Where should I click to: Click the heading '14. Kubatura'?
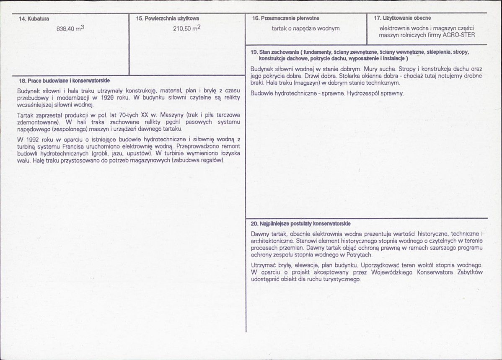pyautogui.click(x=34, y=18)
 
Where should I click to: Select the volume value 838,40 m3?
pyautogui.click(x=70, y=29)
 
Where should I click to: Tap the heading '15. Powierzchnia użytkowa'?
pyautogui.click(x=167, y=18)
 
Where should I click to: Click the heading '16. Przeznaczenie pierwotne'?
pyautogui.click(x=286, y=18)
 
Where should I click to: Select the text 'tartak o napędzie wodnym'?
pyautogui.click(x=305, y=28)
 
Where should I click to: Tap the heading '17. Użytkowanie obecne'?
pyautogui.click(x=402, y=18)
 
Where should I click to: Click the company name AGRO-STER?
pyautogui.click(x=459, y=35)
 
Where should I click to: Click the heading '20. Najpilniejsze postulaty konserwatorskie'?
pyautogui.click(x=300, y=224)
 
